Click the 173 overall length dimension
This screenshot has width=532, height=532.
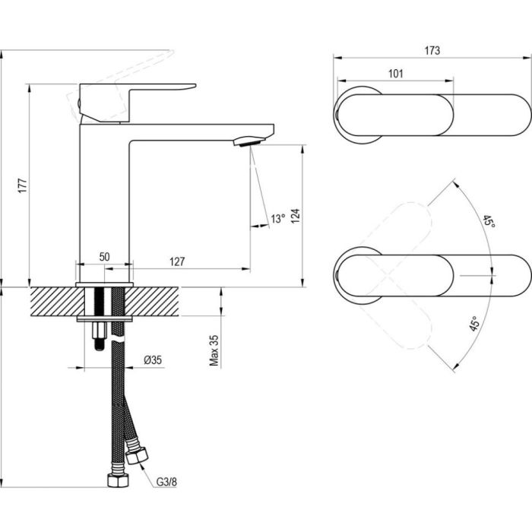click(x=432, y=51)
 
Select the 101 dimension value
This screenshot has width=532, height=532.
click(x=395, y=74)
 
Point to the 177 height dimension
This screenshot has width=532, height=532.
click(x=22, y=185)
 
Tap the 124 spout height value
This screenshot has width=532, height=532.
click(x=296, y=216)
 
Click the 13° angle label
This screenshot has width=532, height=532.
click(x=278, y=219)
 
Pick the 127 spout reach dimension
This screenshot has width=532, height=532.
click(x=177, y=261)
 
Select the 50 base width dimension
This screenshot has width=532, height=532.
click(x=105, y=257)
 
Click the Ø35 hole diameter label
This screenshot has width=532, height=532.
click(x=154, y=360)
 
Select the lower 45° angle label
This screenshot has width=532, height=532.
click(x=473, y=325)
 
